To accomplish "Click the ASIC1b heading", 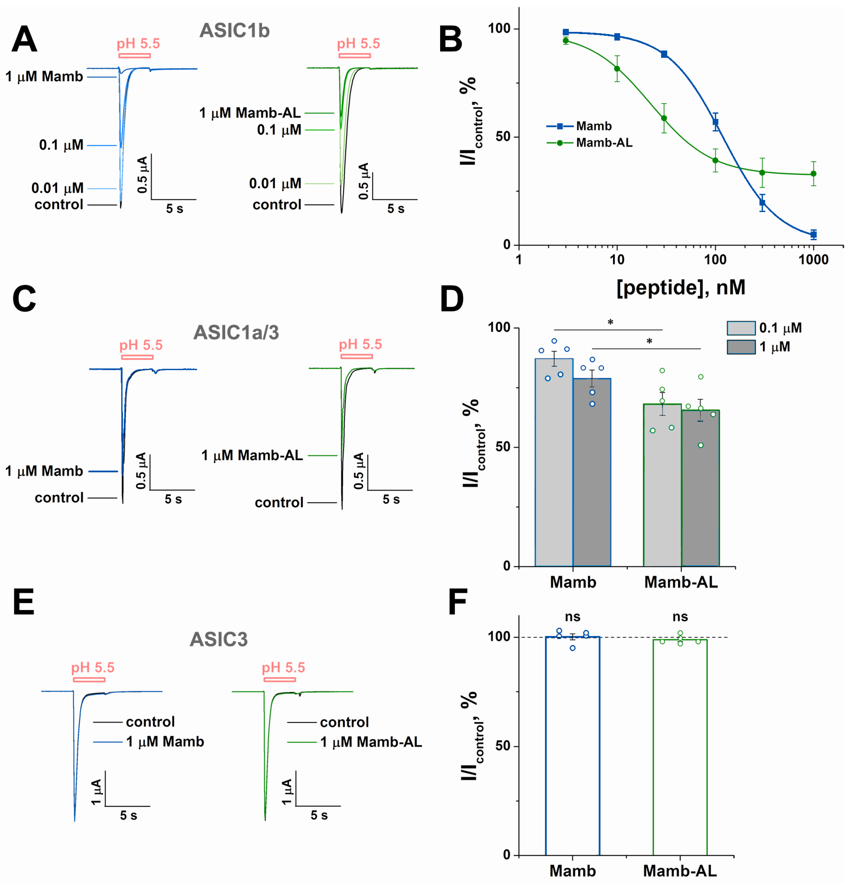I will [x=235, y=31].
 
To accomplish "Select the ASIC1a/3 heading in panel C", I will [x=236, y=332].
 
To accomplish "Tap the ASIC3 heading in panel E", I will [x=218, y=639].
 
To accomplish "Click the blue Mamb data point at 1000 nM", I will [x=813, y=234].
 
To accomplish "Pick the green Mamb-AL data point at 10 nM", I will [x=617, y=69].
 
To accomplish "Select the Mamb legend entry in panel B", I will [x=594, y=126].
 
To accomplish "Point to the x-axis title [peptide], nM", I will [x=680, y=287].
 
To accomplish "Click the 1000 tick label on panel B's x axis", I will [x=813, y=260].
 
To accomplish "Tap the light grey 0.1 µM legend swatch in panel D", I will [x=741, y=328].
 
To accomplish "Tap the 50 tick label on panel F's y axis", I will [x=502, y=746].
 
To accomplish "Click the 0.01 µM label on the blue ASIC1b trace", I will [x=57, y=188].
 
